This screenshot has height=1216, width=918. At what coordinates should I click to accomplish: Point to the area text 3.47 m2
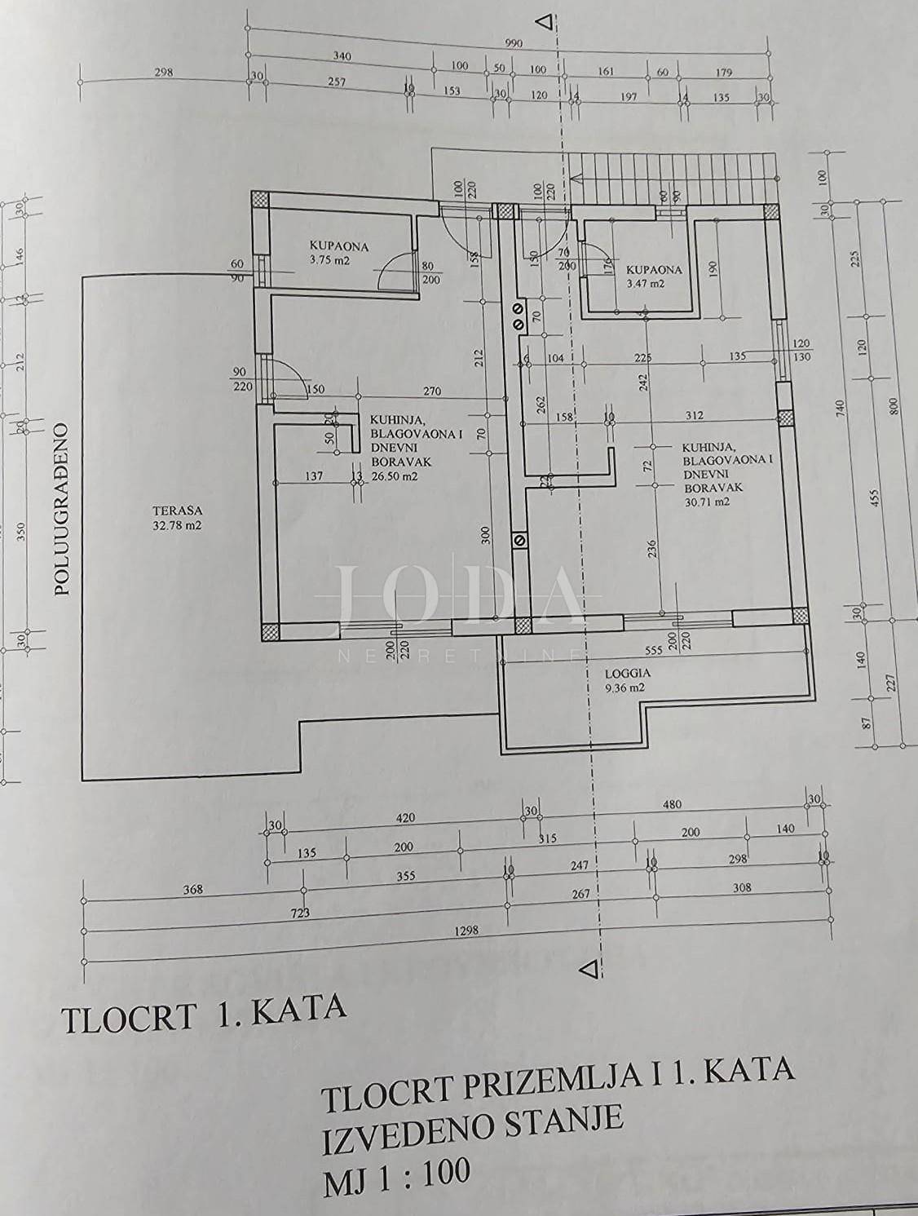pyautogui.click(x=646, y=284)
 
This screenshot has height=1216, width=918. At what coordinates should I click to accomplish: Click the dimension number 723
pyautogui.click(x=300, y=913)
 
